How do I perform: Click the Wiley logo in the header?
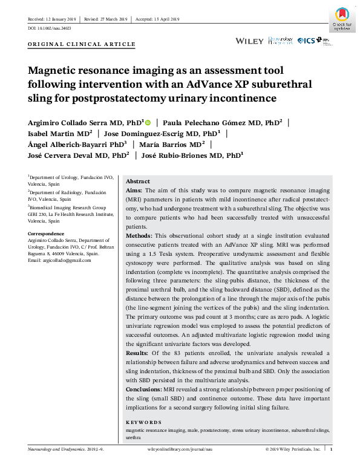pos(249,41)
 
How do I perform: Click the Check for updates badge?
pos(342,19)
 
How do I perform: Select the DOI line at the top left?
pos(50,28)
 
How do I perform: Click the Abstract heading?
pos(137,181)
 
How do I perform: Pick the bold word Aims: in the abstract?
pos(135,190)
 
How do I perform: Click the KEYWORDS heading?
pos(143,422)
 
